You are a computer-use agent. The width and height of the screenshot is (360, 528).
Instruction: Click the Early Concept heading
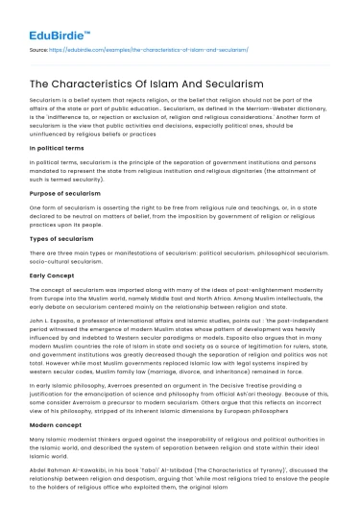coord(53,298)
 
